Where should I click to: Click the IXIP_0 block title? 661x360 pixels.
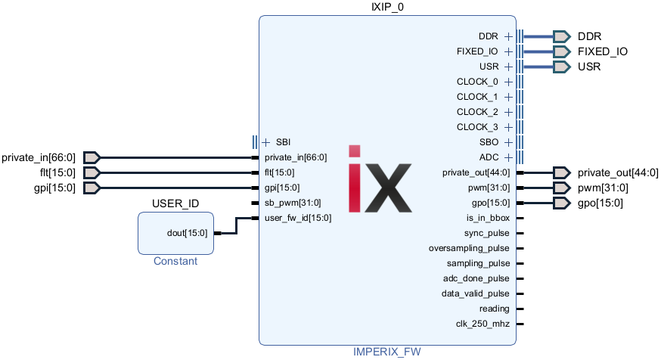pos(387,7)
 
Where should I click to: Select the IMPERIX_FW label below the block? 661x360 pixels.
pos(387,352)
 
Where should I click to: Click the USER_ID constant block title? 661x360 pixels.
pos(175,203)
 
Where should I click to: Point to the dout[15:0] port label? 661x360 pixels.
pos(187,233)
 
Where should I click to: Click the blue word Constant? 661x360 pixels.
pos(175,261)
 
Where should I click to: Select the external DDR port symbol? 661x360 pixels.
pos(561,36)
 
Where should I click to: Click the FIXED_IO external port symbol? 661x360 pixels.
pos(561,51)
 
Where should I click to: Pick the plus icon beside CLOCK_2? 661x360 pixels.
pos(509,112)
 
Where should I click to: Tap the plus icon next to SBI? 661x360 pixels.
pos(265,142)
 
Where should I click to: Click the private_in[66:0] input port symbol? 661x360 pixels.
pos(91,157)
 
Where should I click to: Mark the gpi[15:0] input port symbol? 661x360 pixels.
pos(91,188)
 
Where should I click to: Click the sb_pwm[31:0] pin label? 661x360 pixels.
pos(293,203)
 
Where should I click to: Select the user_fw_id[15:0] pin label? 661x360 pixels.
pos(298,218)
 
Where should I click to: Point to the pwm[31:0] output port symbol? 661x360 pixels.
pos(561,188)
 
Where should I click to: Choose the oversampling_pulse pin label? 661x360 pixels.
pos(469,248)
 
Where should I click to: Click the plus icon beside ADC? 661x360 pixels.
pos(509,157)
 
